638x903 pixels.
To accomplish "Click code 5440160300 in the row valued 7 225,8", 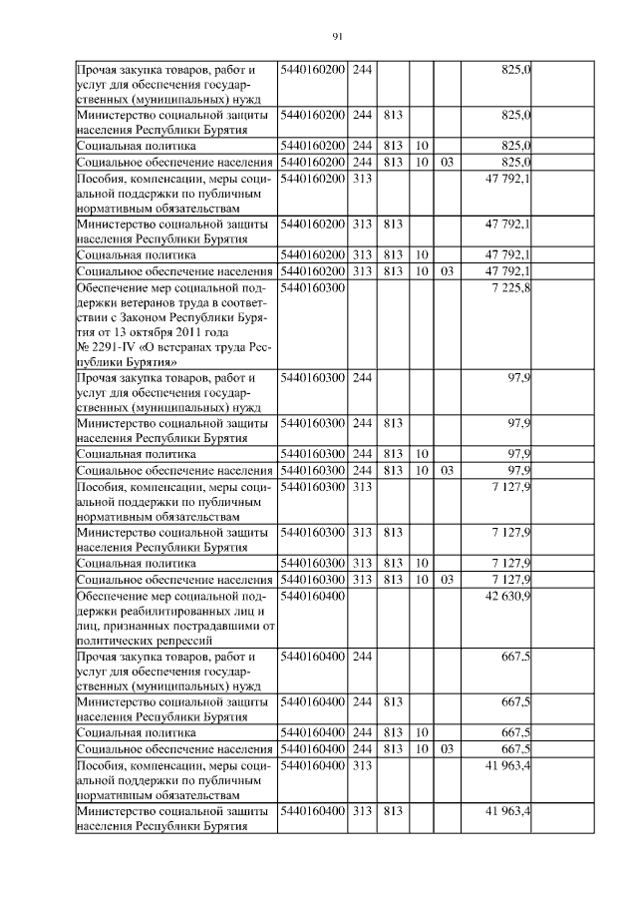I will click(x=313, y=288).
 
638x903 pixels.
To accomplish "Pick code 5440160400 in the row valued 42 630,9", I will click(x=313, y=596).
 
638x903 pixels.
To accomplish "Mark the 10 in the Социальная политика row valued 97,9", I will click(x=422, y=454).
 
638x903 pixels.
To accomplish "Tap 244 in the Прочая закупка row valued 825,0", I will click(x=363, y=71).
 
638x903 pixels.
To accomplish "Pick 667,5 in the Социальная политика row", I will click(x=513, y=732).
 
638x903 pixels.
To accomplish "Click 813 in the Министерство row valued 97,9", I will click(x=392, y=423).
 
